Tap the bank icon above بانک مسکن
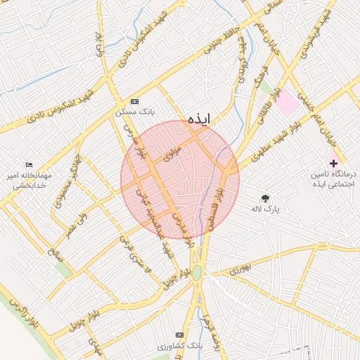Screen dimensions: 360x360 point(135,101)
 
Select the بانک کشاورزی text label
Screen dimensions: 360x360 point(180,346)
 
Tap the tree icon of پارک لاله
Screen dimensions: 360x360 point(264,198)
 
